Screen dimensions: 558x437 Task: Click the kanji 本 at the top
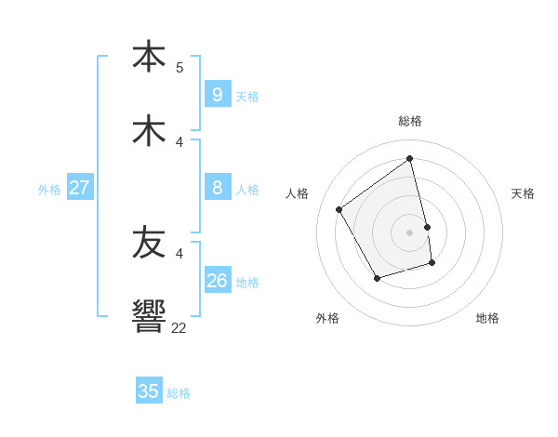point(149,55)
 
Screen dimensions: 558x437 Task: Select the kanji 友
point(149,243)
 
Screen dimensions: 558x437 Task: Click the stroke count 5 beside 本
point(179,67)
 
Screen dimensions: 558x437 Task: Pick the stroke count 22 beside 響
point(179,327)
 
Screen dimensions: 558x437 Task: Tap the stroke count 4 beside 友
point(179,253)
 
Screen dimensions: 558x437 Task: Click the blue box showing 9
point(217,94)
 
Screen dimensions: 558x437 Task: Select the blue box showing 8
point(217,188)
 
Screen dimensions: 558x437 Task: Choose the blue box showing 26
point(217,280)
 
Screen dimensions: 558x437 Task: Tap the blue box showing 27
point(79,188)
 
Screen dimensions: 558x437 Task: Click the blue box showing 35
point(149,391)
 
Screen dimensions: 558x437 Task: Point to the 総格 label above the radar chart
point(410,121)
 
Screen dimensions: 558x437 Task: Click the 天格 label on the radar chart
point(523,193)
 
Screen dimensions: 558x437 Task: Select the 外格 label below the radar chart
point(327,318)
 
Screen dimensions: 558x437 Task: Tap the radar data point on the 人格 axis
point(339,209)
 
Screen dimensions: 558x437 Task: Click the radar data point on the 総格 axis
point(410,159)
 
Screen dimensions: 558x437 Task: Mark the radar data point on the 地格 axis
point(432,263)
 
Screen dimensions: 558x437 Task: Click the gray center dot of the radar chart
point(410,232)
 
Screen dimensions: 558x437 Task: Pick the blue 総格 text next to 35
point(179,393)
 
